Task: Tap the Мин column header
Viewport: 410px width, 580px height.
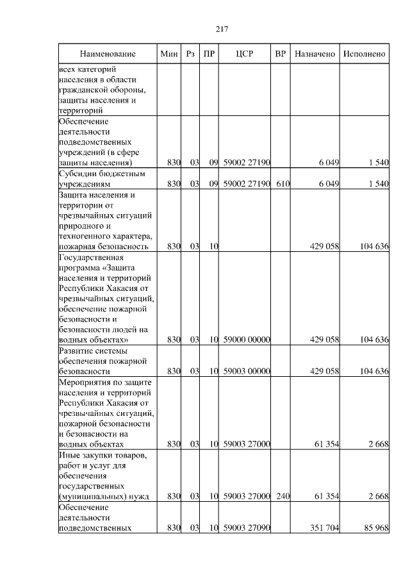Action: (169, 54)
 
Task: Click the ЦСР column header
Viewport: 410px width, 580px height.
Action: (245, 54)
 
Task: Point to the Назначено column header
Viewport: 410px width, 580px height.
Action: (315, 54)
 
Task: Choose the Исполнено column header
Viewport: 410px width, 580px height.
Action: (365, 54)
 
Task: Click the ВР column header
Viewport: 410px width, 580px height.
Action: (280, 54)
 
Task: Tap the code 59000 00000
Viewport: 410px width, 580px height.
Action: (247, 340)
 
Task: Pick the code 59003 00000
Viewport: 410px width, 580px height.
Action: (247, 371)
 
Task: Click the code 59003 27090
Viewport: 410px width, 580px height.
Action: (247, 527)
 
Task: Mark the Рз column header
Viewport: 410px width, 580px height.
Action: (190, 54)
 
